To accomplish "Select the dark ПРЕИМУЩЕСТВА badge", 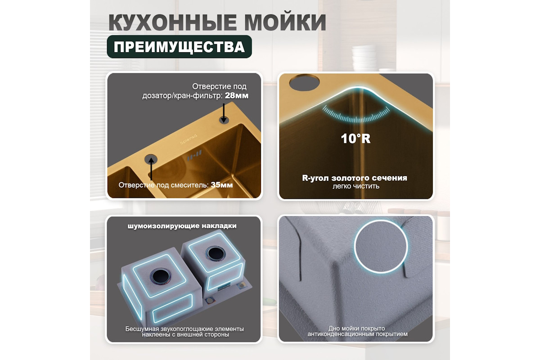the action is [180, 46].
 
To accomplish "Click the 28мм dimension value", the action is [237, 96].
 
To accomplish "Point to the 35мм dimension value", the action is [222, 185].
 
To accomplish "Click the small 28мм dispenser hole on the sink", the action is [224, 120].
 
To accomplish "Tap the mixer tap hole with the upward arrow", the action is [151, 159].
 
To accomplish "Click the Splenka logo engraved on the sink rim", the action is [189, 139].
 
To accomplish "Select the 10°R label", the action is [355, 139].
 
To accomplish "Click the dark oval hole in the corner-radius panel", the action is [304, 82].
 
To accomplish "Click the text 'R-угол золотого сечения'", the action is [355, 178].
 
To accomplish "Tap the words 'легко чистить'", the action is [356, 186].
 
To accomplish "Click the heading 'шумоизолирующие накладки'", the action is [182, 226].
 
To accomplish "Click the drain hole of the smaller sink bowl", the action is [215, 253].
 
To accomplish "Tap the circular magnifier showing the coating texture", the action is [381, 247].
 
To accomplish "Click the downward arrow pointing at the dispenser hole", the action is [224, 112].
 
